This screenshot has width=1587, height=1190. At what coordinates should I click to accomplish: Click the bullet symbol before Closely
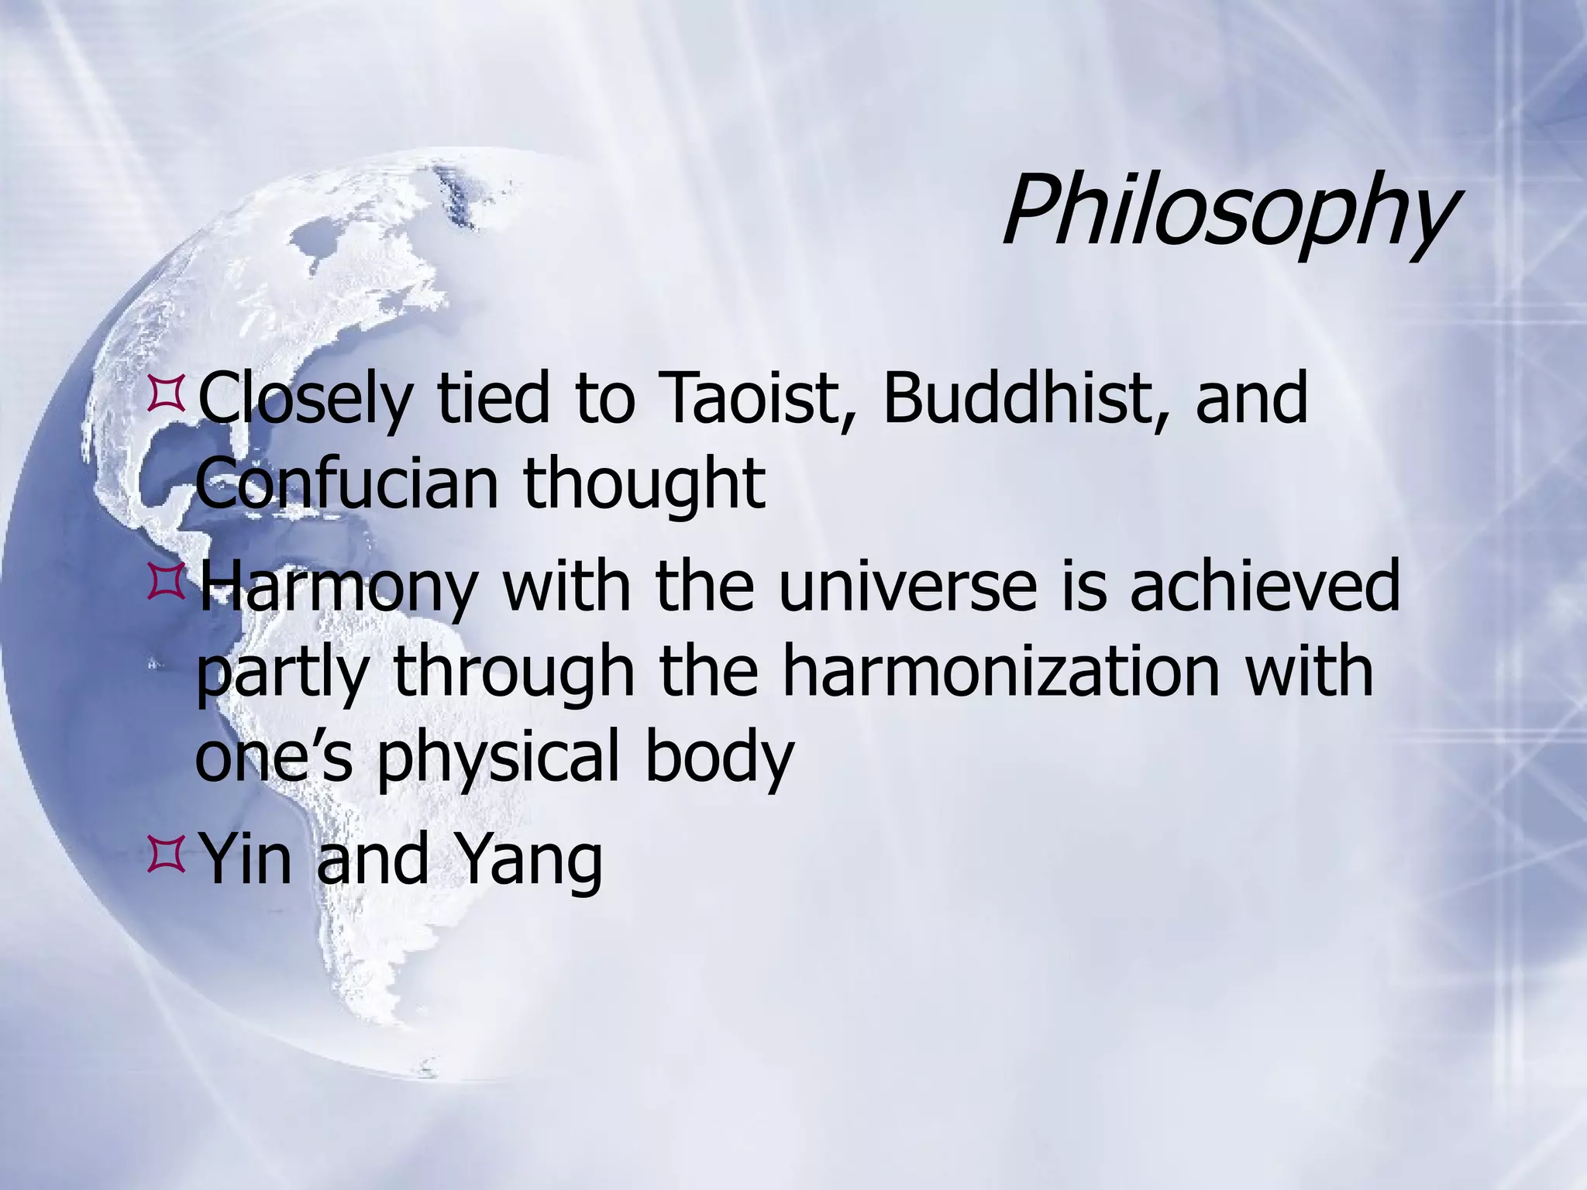pos(164,391)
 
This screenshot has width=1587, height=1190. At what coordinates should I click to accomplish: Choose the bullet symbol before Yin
pos(164,853)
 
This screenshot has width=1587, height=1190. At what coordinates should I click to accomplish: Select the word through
pos(514,672)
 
